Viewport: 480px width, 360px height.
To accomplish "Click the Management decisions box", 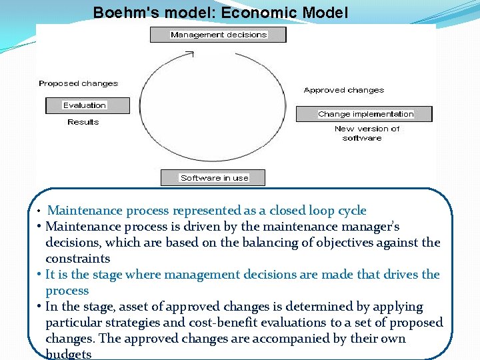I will pyautogui.click(x=218, y=35).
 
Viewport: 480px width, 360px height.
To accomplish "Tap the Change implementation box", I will pyautogui.click(x=365, y=114).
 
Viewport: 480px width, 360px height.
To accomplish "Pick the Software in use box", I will pyautogui.click(x=214, y=178).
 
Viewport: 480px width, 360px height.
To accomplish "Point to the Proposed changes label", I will pyautogui.click(x=78, y=84).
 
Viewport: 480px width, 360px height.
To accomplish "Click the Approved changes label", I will pyautogui.click(x=344, y=90).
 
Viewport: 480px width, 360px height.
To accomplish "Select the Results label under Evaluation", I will pyautogui.click(x=83, y=123).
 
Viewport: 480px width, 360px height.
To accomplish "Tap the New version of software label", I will pyautogui.click(x=366, y=133).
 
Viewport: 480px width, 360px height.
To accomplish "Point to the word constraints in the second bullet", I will pyautogui.click(x=77, y=259).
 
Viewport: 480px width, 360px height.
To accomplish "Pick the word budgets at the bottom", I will pyautogui.click(x=69, y=354).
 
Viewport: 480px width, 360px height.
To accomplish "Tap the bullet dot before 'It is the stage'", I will pyautogui.click(x=41, y=274).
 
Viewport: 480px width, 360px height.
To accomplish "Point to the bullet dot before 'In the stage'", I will pyautogui.click(x=41, y=306).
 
